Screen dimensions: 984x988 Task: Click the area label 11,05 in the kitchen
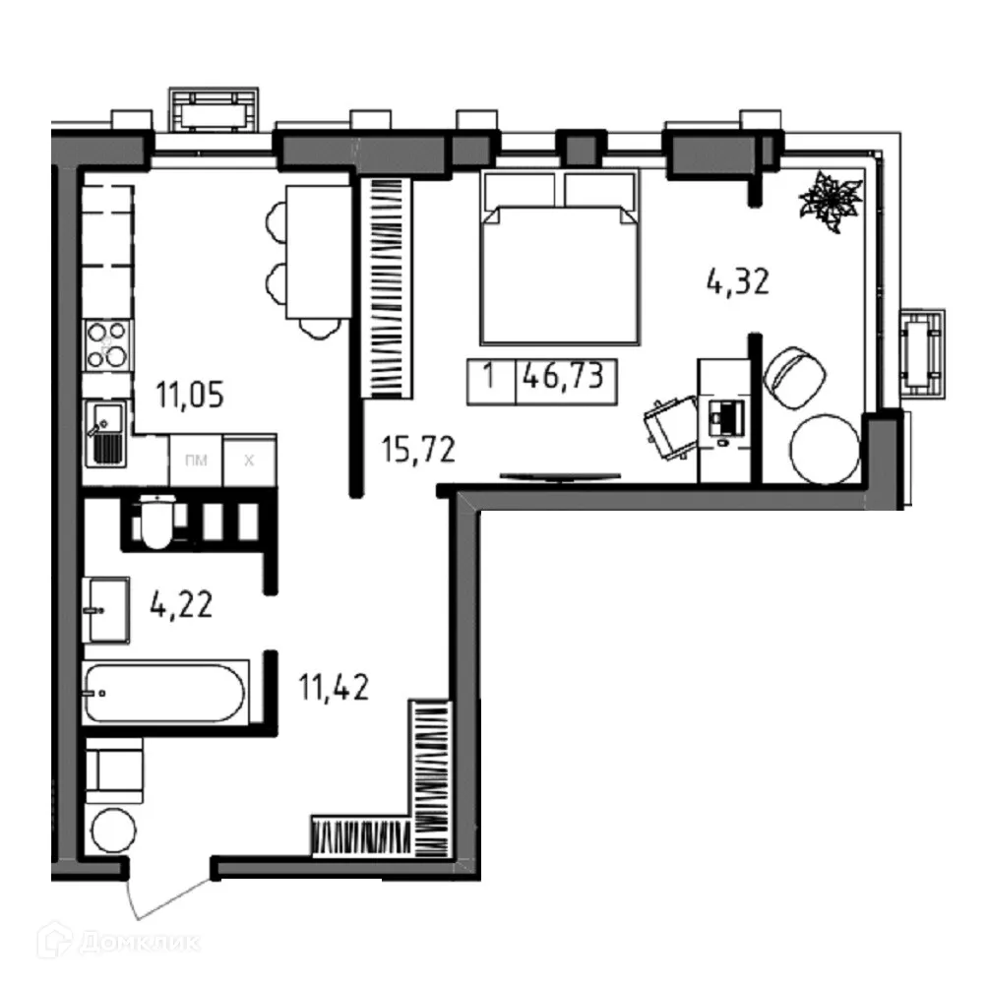pos(190,396)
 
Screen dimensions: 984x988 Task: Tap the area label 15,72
pos(418,451)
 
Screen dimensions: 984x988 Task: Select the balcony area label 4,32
pos(736,282)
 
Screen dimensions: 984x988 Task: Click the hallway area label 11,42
pos(335,687)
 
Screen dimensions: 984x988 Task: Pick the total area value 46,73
pos(564,377)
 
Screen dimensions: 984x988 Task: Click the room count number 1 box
pos(489,377)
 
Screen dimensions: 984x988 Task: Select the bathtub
pos(164,693)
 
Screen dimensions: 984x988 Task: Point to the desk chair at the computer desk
pos(669,427)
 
